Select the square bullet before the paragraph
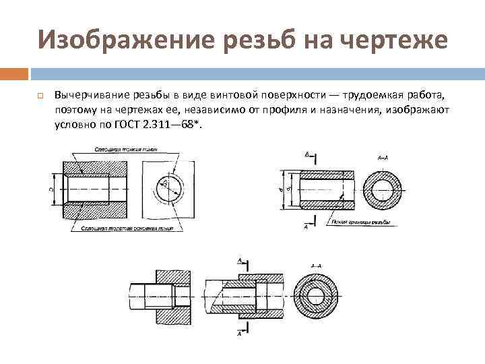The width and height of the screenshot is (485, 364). (x=40, y=93)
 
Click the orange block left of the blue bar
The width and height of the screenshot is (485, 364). (x=14, y=73)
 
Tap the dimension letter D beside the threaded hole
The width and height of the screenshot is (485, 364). (x=52, y=190)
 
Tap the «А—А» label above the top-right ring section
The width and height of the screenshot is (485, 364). (x=381, y=157)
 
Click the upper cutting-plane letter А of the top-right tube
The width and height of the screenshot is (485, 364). (x=306, y=154)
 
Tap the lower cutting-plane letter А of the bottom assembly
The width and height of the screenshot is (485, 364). (x=240, y=332)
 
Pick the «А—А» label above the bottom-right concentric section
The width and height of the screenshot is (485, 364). (x=316, y=266)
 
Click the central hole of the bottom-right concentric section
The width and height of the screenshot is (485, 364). (x=316, y=294)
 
